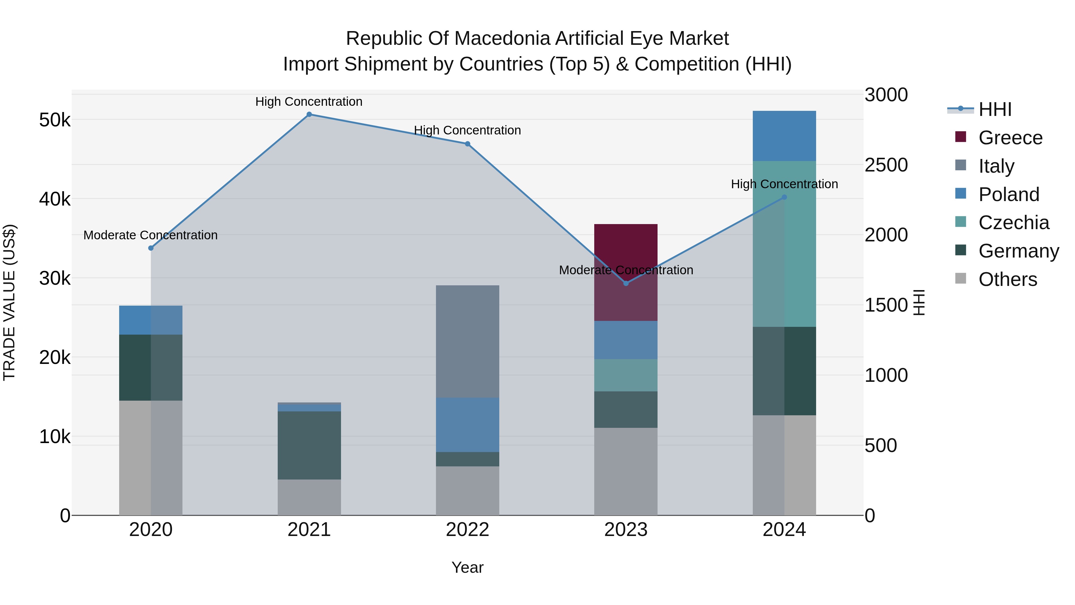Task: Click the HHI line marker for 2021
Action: tap(309, 114)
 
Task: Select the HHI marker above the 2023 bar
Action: tap(626, 284)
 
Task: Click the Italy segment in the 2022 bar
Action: tap(467, 341)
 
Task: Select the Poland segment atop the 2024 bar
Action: tap(784, 136)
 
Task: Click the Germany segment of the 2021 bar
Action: tap(309, 445)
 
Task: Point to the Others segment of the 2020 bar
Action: tap(151, 458)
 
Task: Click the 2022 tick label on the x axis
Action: tap(467, 530)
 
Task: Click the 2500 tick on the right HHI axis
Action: tap(886, 165)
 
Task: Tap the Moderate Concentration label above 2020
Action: tap(151, 235)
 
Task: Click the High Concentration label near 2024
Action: tap(784, 184)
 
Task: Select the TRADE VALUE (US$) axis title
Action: tap(9, 302)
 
